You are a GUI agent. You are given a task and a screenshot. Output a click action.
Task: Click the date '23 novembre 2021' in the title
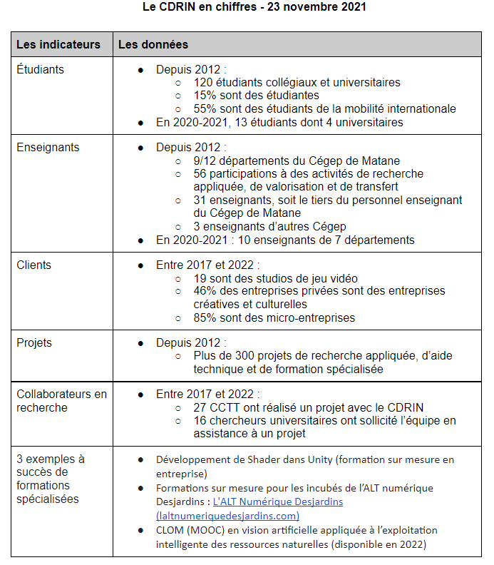pos(317,8)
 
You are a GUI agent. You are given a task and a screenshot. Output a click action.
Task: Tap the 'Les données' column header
pos(153,44)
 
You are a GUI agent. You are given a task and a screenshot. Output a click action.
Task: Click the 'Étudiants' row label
pos(41,70)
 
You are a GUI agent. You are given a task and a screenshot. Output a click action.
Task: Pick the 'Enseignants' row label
pos(48,148)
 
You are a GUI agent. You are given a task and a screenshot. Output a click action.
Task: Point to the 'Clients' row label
pos(34,265)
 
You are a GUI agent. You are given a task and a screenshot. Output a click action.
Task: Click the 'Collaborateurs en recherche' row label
pos(61,400)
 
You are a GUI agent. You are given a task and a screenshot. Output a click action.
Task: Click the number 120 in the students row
pos(203,83)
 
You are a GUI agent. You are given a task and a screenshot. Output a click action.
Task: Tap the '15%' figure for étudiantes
pos(205,96)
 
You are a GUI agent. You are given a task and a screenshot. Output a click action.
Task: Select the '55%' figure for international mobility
pos(205,109)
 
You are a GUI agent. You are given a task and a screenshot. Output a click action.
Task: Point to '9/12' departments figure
pos(205,161)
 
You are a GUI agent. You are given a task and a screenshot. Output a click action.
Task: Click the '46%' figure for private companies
pos(205,291)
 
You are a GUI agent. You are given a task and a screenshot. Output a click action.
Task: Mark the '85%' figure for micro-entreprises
pos(205,317)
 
